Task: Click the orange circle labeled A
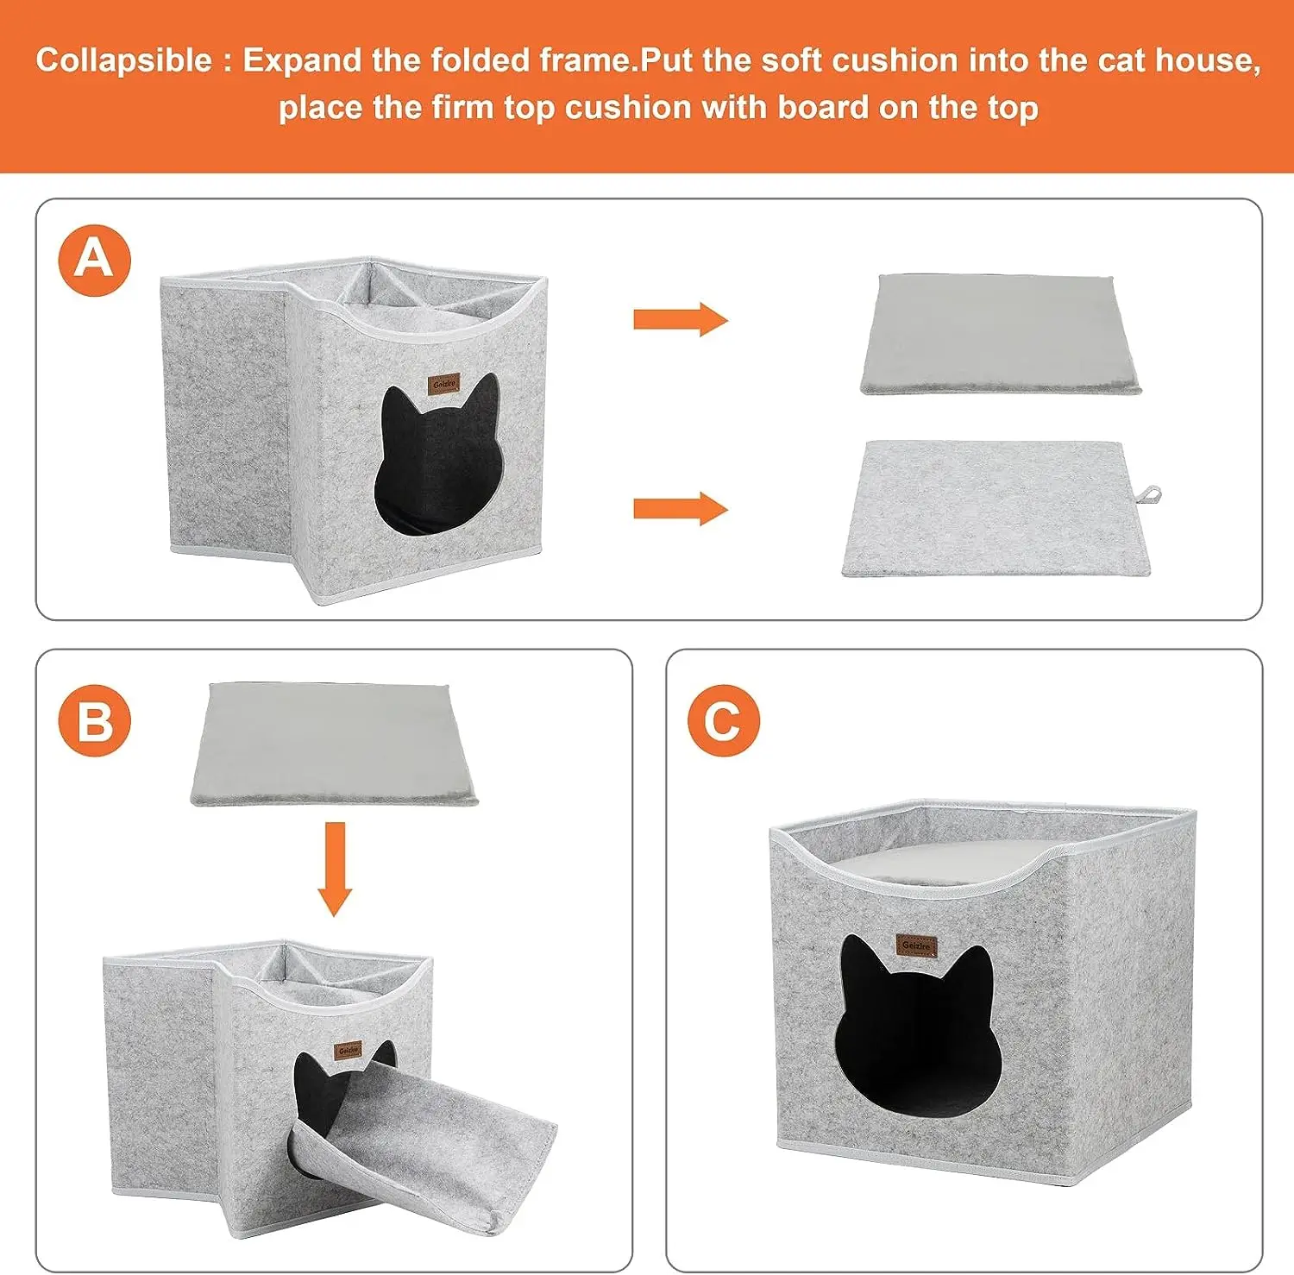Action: tap(94, 260)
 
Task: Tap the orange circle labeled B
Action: tap(94, 720)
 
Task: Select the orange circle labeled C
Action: tap(724, 720)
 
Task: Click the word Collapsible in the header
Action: tap(123, 60)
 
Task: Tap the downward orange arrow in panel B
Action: tap(335, 869)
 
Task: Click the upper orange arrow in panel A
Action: tap(681, 319)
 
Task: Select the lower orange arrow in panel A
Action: tap(681, 509)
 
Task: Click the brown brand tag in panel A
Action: tap(444, 384)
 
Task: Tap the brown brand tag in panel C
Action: tap(916, 945)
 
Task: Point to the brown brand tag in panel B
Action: tap(349, 1051)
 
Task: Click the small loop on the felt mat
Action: tap(1149, 495)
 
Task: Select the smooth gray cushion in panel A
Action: tap(1001, 334)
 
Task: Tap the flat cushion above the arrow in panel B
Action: tap(334, 744)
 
